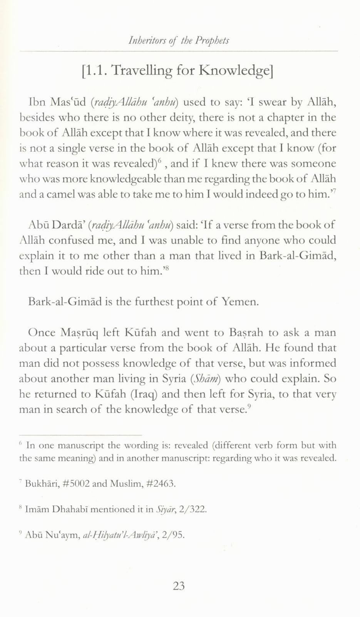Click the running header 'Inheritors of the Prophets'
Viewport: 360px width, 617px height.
[x=179, y=40]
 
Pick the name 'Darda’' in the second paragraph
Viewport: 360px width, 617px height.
[x=69, y=225]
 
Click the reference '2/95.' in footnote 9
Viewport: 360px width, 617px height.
[x=174, y=535]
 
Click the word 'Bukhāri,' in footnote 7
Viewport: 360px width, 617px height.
[x=40, y=484]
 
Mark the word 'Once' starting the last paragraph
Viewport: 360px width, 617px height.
[x=42, y=333]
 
